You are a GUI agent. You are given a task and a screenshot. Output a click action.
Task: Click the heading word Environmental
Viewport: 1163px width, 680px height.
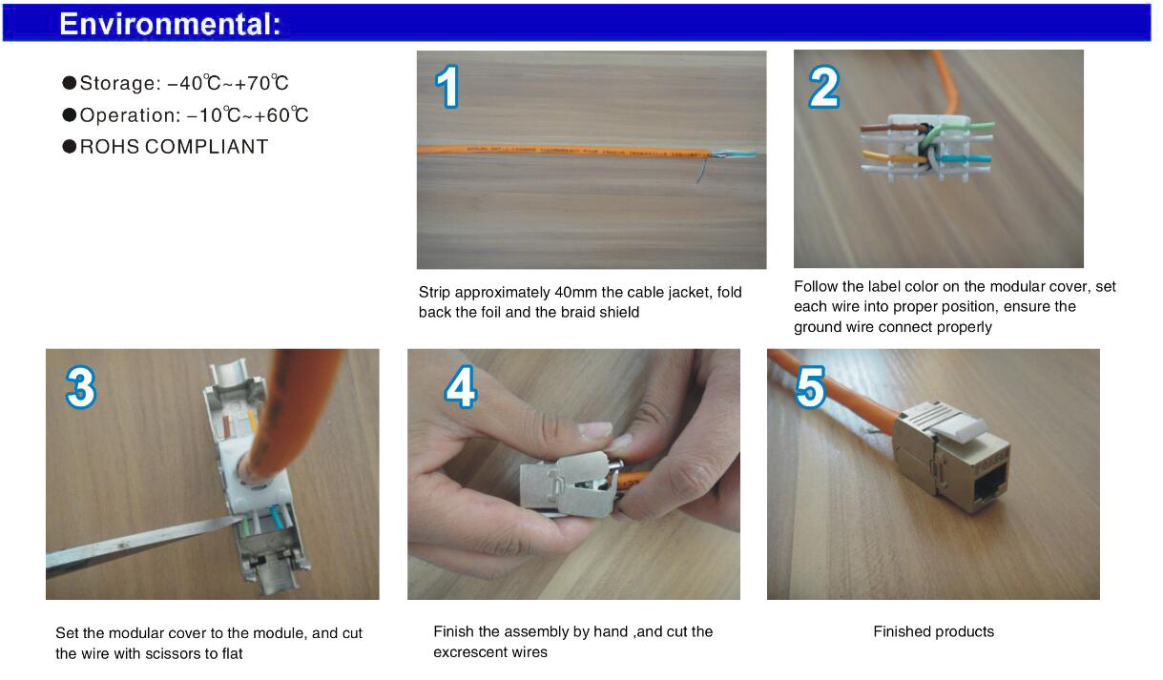coord(170,24)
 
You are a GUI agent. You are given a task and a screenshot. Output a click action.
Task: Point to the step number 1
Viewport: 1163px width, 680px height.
coord(447,86)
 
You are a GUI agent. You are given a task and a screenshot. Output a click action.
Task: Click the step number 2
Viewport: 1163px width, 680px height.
coord(824,87)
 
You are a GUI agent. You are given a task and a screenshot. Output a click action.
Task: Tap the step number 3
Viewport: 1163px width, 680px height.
coord(81,387)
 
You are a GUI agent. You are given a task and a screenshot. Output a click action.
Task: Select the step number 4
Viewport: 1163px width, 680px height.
coord(460,386)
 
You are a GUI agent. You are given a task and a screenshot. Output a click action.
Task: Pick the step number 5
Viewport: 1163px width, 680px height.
coord(810,386)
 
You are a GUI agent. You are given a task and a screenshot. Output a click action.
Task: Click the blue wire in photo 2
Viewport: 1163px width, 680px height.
coord(966,158)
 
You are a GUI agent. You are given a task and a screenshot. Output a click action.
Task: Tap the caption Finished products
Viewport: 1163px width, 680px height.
coord(933,631)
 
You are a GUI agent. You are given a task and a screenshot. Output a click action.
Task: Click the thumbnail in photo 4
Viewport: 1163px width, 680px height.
coord(594,430)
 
